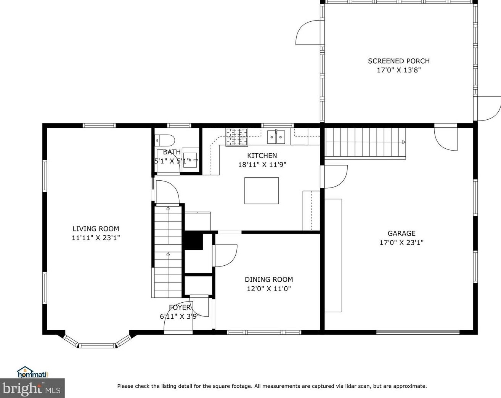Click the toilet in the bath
pyautogui.click(x=165, y=140)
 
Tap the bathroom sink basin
pyautogui.click(x=190, y=160)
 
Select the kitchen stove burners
pyautogui.click(x=236, y=137)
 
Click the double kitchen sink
pyautogui.click(x=276, y=137)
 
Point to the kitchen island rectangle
pyautogui.click(x=262, y=191)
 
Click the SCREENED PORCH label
pyautogui.click(x=399, y=61)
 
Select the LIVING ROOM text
pyautogui.click(x=96, y=229)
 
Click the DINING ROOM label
pyautogui.click(x=269, y=279)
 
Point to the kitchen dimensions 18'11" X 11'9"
pyautogui.click(x=262, y=165)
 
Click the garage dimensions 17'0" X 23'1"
pyautogui.click(x=401, y=242)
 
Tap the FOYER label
pyautogui.click(x=180, y=307)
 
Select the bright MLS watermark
pyautogui.click(x=32, y=388)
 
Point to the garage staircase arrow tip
pyautogui.click(x=405, y=142)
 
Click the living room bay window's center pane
pyautogui.click(x=97, y=345)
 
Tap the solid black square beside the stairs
pyautogui.click(x=194, y=241)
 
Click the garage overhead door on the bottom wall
pyautogui.click(x=418, y=332)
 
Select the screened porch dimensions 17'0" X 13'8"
pyautogui.click(x=399, y=70)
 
